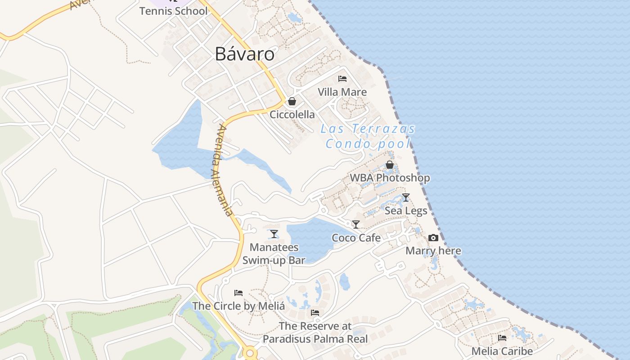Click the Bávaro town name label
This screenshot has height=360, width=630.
point(244,54)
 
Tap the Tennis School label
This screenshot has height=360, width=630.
point(173,11)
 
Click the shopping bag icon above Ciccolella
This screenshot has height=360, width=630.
point(292,101)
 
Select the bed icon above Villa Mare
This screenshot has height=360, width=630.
point(342,79)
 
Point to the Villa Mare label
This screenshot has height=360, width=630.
point(342,92)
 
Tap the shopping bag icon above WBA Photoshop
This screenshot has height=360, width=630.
point(390,165)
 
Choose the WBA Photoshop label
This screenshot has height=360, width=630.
point(390,178)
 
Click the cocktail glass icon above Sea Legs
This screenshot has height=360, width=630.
point(406,198)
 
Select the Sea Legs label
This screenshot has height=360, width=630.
point(406,211)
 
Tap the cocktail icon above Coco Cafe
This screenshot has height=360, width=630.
point(356,225)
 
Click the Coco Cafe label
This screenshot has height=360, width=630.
point(356,238)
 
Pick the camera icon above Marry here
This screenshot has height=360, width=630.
point(433,238)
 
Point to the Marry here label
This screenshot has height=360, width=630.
point(433,251)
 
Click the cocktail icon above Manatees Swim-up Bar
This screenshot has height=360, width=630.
point(274,234)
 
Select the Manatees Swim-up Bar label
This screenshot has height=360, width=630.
point(274,253)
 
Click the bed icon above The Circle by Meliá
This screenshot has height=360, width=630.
point(238,293)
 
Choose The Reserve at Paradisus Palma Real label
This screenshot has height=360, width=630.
point(315,333)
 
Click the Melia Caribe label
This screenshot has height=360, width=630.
point(502,351)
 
